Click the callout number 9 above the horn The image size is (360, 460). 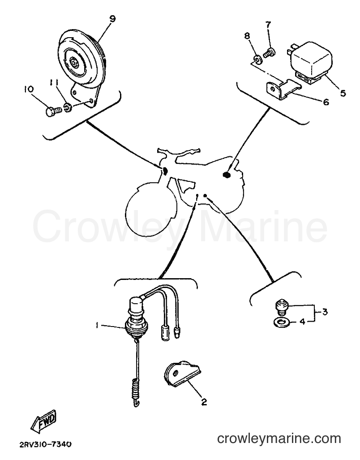coord(112,19)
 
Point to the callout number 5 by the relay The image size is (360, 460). coord(343,93)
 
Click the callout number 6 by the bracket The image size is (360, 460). coord(326,102)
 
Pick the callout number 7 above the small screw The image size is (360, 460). coord(269,25)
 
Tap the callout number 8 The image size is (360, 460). coord(247,36)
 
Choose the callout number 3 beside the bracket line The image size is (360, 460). coord(325,312)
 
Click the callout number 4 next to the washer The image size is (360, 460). coord(302,322)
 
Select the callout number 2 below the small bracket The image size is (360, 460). coord(204,402)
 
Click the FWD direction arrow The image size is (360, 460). coord(43,422)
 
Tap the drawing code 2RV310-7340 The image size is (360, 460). coord(45,445)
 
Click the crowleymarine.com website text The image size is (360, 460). coord(279,439)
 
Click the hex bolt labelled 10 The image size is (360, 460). coord(54,112)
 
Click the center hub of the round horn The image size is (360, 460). coord(73,62)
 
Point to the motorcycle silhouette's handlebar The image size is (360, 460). coord(179,153)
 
